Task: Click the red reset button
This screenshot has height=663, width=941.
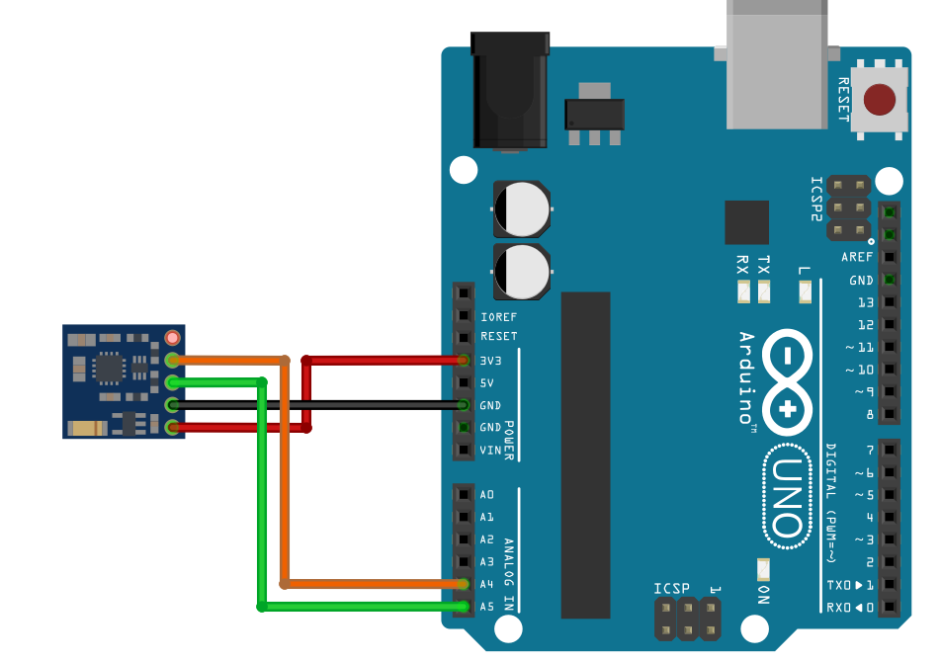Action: coord(880,100)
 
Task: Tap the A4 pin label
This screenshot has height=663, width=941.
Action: coord(486,584)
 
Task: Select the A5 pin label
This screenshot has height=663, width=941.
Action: coord(486,607)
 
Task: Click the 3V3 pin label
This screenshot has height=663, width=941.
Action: coord(491,361)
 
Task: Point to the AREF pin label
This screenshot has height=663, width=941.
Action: coord(857,257)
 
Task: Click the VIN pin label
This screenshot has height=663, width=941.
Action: coord(490,451)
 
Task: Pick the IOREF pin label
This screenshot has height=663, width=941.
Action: coord(498,317)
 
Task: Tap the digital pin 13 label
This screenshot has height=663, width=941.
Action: coord(865,302)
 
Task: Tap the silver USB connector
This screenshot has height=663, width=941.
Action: coord(776,64)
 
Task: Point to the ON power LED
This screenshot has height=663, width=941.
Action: coord(762,570)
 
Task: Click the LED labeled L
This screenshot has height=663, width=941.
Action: coord(804,291)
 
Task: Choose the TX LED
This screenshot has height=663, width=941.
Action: coord(763,291)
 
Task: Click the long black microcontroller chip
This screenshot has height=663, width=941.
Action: coord(585,455)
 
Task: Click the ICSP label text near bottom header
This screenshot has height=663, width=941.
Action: coord(671,589)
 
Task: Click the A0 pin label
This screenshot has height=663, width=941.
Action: coord(486,495)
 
